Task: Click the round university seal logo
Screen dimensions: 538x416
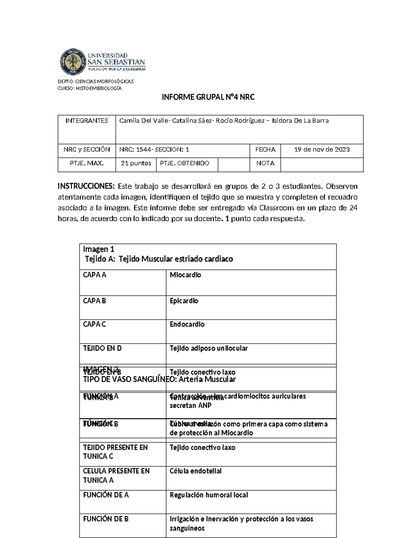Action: (x=73, y=62)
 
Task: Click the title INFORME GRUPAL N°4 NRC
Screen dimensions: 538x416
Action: (x=208, y=97)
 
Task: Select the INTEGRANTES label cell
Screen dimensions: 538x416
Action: (x=87, y=121)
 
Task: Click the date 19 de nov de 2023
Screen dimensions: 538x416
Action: (x=322, y=150)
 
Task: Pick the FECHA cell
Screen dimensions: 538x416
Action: (x=265, y=150)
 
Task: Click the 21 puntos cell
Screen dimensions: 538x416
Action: (x=136, y=164)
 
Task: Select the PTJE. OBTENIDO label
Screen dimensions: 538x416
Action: (x=184, y=164)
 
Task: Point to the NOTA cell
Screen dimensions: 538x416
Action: (x=265, y=164)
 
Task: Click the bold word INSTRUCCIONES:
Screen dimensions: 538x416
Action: (x=86, y=186)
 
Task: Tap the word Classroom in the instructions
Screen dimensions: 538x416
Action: (x=277, y=208)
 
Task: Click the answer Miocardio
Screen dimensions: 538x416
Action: (x=185, y=275)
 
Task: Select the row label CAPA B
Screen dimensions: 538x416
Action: (x=94, y=301)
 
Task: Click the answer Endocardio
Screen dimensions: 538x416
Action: (x=187, y=325)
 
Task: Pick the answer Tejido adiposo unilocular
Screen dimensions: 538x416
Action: (x=209, y=349)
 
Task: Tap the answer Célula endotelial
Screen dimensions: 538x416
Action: (x=196, y=471)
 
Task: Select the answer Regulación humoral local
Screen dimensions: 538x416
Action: (x=209, y=495)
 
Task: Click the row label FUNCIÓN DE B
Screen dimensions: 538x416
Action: (x=106, y=519)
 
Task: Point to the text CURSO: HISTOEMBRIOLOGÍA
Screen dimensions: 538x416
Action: (x=89, y=88)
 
